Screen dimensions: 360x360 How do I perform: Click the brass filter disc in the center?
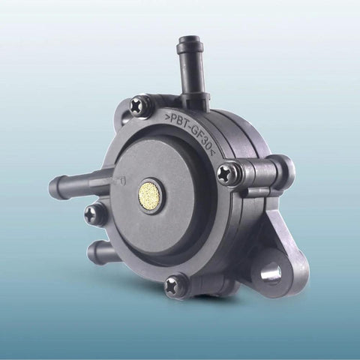point(149,196)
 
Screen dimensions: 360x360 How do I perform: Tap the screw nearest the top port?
point(140,105)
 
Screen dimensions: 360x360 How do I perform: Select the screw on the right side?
point(228,173)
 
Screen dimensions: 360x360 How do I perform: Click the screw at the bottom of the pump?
point(175,286)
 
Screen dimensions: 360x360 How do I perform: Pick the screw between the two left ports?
point(95,214)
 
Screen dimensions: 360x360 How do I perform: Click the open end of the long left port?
point(53,186)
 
